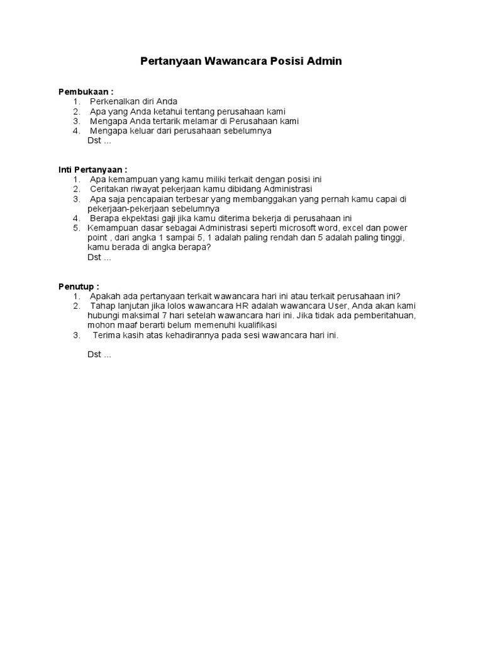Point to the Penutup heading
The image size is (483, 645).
79,287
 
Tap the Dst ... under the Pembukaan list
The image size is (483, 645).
99,140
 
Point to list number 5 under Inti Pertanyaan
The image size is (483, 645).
75,228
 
